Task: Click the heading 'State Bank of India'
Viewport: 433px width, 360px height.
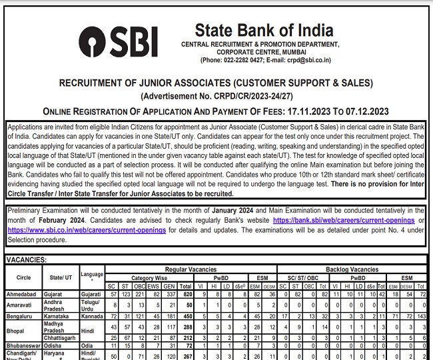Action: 254,30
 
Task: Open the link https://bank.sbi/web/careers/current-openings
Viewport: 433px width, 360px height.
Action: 343,220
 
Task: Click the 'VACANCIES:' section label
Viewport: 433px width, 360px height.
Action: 27,259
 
